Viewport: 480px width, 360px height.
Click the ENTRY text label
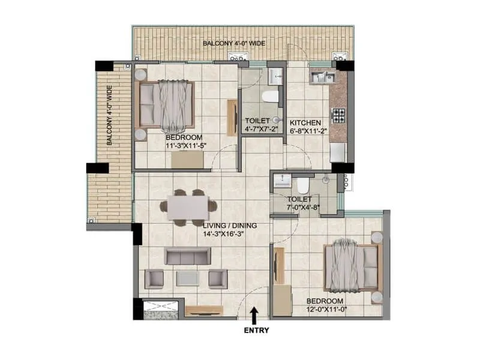[256, 329]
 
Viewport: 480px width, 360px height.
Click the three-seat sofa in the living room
[187, 257]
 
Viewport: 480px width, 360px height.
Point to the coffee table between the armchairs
[188, 278]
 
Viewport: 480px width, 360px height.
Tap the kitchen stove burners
[338, 115]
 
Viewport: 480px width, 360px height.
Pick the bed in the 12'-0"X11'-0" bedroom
[352, 266]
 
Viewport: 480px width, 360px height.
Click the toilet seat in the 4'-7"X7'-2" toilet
[269, 96]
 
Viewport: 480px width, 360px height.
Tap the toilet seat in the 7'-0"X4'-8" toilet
[304, 184]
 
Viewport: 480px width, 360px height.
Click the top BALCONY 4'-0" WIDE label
[233, 44]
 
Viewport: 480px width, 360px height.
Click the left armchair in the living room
[155, 278]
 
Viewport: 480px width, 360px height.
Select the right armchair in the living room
[217, 278]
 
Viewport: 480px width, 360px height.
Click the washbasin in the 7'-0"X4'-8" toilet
[281, 183]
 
